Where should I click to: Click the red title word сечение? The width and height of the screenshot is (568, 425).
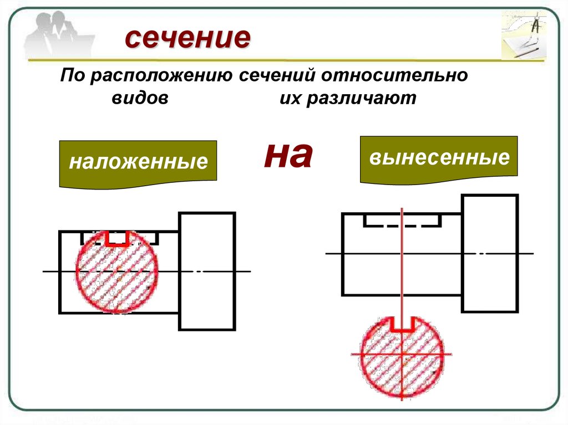click(x=187, y=39)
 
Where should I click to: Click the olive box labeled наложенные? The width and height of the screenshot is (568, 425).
click(x=138, y=162)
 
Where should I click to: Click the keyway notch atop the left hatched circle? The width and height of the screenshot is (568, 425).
click(x=116, y=238)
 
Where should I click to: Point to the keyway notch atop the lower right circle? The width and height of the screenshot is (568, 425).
click(x=402, y=325)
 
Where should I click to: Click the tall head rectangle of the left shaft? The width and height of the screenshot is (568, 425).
click(x=207, y=271)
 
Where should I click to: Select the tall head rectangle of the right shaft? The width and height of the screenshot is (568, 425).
click(x=490, y=253)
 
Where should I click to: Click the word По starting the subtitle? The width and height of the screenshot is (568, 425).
click(x=71, y=75)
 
